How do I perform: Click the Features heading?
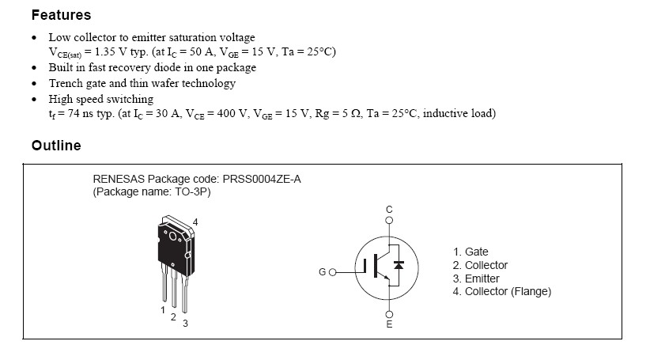(x=61, y=15)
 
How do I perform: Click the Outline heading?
(x=55, y=146)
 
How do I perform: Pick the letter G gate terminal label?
(x=322, y=273)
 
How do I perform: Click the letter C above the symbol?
(x=388, y=210)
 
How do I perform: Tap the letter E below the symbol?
(x=388, y=324)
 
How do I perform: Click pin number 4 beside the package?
(x=195, y=222)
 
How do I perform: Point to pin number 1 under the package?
(x=163, y=309)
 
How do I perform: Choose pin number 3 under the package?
(x=185, y=323)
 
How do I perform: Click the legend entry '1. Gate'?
(x=470, y=252)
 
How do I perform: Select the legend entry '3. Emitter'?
(x=476, y=279)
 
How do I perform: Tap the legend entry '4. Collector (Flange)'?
(x=501, y=292)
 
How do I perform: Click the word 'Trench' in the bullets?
(x=66, y=83)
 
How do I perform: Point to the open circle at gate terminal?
(x=333, y=272)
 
